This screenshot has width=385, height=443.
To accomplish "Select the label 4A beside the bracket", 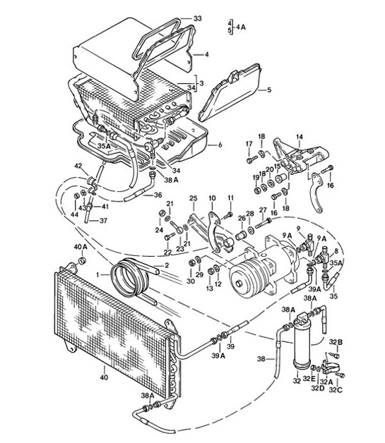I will point(242,27).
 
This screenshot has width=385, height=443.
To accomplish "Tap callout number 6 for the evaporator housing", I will point(220,145).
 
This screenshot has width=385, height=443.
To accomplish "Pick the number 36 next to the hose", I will point(157,195).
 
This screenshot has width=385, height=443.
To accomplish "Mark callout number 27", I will point(263,210).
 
